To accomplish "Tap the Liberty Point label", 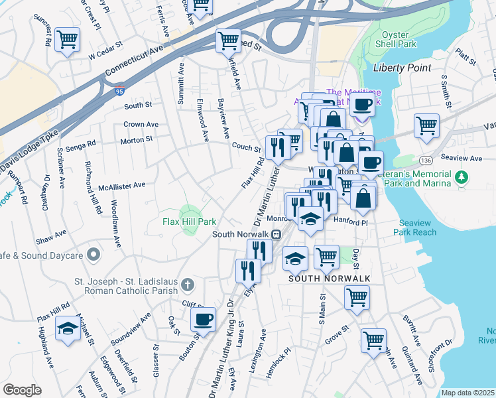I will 402,68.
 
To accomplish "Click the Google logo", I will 22,390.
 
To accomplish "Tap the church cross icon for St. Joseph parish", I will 188,285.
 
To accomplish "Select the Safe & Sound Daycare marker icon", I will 93,255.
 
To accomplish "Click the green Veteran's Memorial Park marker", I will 462,177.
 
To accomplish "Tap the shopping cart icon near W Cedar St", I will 68,40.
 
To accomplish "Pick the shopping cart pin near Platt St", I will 426,124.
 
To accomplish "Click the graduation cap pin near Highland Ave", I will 67,328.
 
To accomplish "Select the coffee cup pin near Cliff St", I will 203,319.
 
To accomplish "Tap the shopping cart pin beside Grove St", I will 373,340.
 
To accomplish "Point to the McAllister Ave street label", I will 121,186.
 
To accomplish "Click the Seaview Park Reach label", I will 418,228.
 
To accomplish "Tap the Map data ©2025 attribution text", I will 467,393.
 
